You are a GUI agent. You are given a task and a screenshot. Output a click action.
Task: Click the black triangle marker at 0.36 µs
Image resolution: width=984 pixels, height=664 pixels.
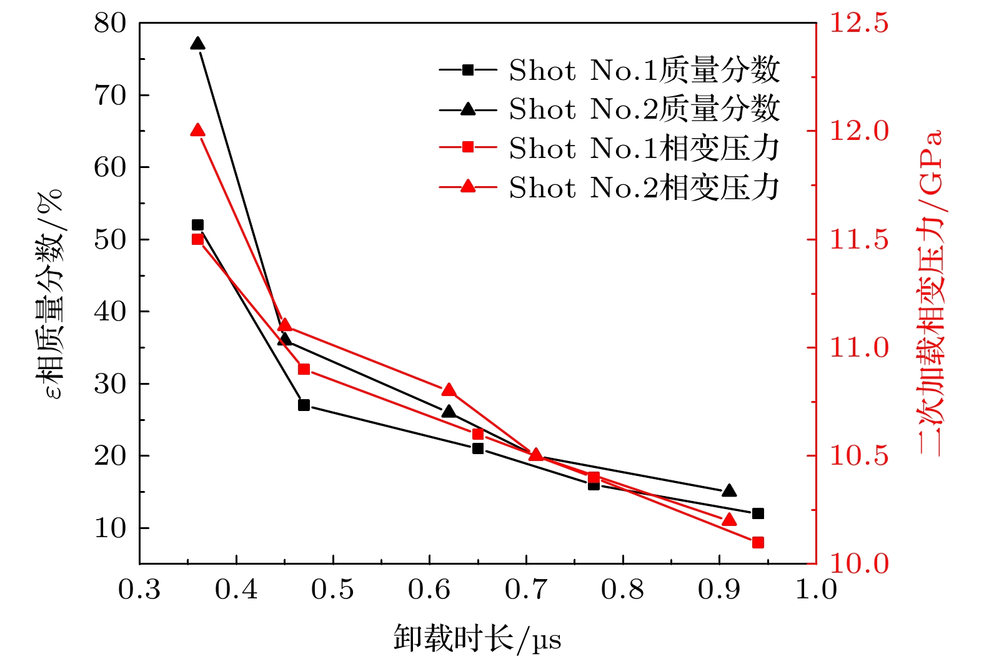(197, 44)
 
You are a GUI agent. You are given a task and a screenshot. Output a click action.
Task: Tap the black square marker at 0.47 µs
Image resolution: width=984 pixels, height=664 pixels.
(304, 405)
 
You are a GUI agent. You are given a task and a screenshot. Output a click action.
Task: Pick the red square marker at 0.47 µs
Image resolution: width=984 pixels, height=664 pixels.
(304, 369)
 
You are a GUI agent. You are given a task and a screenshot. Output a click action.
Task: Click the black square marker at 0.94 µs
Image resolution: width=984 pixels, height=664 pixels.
(758, 513)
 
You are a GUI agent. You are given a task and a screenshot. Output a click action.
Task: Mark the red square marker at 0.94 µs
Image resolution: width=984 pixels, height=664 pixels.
(758, 542)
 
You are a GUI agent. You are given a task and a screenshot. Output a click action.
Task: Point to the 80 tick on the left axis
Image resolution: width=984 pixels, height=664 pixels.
(110, 24)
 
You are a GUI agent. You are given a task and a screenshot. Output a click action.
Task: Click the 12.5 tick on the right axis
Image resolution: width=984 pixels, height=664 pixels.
(858, 23)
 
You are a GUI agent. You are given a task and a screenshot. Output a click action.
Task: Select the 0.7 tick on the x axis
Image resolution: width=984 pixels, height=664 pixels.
(526, 589)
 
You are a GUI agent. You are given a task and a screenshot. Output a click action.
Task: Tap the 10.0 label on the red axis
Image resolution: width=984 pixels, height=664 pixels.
(858, 563)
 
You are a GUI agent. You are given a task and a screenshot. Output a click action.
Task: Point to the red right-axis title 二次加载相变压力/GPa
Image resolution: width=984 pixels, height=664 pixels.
(930, 294)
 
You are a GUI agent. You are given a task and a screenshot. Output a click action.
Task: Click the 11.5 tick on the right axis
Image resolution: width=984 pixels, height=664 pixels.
(858, 239)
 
